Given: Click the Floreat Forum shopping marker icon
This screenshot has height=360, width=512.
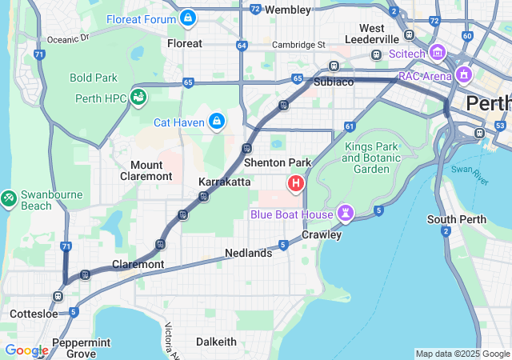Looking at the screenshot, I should (x=187, y=16).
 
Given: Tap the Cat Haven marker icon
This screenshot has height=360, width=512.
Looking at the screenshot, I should (x=216, y=121).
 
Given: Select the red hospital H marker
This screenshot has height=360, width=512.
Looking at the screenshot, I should (x=296, y=184).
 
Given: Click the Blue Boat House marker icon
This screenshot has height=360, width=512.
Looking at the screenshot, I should (x=345, y=213).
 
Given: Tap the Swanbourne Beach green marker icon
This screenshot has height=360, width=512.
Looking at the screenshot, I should (x=9, y=196).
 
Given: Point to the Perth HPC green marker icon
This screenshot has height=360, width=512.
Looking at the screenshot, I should (x=139, y=97).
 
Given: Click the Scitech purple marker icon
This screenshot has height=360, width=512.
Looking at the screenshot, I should (x=437, y=54).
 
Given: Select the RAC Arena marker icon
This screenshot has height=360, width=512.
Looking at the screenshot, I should (x=464, y=76).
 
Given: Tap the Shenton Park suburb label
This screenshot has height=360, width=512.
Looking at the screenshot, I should (x=277, y=162).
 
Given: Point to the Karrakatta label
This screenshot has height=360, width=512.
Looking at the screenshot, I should (x=225, y=182).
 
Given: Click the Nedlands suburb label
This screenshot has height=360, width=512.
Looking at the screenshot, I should (x=248, y=253).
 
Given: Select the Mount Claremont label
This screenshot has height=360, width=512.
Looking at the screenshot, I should (x=146, y=170).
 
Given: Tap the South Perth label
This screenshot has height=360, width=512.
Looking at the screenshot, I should (x=453, y=219).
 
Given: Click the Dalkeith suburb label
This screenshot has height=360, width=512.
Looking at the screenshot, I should (x=217, y=342).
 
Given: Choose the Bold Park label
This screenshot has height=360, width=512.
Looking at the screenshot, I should (x=94, y=78).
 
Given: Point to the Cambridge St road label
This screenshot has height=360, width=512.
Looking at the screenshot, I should (x=298, y=45).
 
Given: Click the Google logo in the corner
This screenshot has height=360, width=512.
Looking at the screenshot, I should (x=26, y=350).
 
